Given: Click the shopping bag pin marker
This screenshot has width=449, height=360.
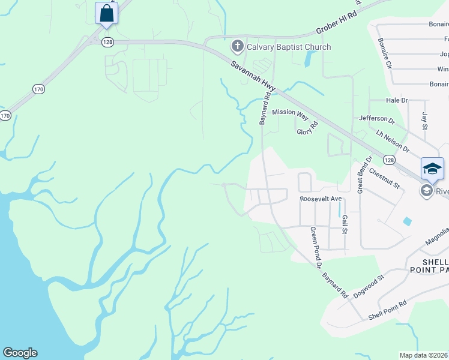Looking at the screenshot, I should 106,13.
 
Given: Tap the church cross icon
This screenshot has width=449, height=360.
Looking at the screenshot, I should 237,46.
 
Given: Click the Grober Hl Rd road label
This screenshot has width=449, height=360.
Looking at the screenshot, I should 337,22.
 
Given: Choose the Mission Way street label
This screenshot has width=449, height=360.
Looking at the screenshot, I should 290,112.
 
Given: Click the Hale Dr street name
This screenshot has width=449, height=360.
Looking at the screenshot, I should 397,100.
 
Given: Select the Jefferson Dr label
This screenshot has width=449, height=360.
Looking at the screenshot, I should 376,119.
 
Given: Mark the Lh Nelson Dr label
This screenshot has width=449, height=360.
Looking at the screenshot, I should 393,140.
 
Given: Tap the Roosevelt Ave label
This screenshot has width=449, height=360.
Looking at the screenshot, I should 320,199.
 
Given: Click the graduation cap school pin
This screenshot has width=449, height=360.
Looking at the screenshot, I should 432,169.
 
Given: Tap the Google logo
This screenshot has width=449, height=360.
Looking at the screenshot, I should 20,353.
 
